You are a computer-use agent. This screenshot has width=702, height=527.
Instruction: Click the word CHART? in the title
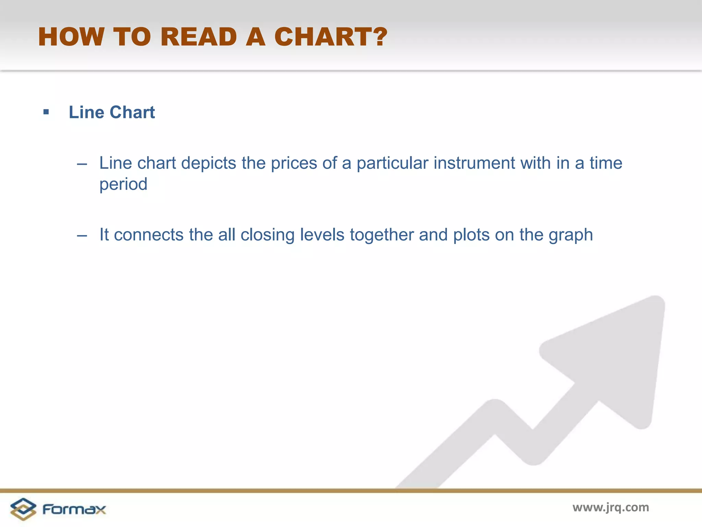330,37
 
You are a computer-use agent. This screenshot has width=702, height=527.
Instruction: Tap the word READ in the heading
198,37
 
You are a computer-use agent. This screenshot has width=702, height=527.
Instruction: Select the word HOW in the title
71,37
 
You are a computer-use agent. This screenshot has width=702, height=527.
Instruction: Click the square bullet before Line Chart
46,112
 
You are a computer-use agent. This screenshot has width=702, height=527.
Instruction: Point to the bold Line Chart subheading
112,112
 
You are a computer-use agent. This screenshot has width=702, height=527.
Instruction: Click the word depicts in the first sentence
208,163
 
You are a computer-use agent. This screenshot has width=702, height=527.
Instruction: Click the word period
123,185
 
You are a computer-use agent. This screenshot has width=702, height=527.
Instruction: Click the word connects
149,235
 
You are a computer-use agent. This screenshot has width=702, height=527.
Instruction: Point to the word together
382,236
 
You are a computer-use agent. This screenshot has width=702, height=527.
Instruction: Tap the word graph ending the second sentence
571,236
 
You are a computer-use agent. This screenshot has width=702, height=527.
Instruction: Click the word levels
322,235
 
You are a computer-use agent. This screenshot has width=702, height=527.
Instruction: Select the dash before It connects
82,236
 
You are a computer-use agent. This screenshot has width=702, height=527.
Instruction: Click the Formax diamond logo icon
23,509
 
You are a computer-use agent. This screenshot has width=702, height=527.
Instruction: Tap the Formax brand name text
74,509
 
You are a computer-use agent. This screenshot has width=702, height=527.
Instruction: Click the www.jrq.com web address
610,507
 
